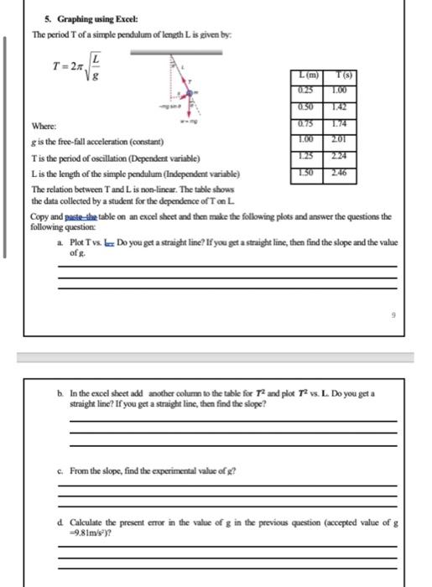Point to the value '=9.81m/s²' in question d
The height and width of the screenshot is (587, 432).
[x=86, y=531]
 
